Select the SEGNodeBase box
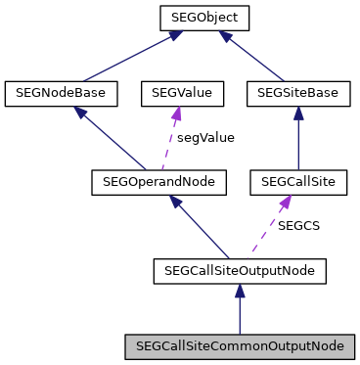[62, 93]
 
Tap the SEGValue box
[182, 93]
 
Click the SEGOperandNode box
[158, 181]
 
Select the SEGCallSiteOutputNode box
[240, 268]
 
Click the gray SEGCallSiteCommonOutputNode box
[240, 345]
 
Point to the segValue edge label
[205, 137]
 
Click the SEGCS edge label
[299, 225]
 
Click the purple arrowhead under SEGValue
[176, 114]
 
